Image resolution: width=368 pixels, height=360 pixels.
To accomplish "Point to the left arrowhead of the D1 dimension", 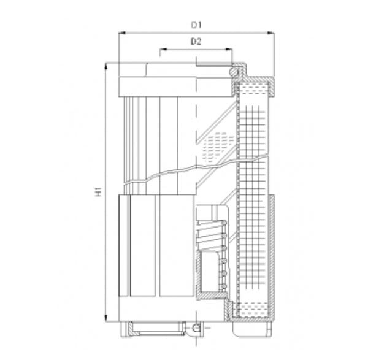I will (x=121, y=33).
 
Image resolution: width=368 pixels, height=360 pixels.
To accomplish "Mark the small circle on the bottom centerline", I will (x=196, y=328).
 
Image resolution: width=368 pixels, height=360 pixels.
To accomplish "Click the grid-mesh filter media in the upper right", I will (x=253, y=135).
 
